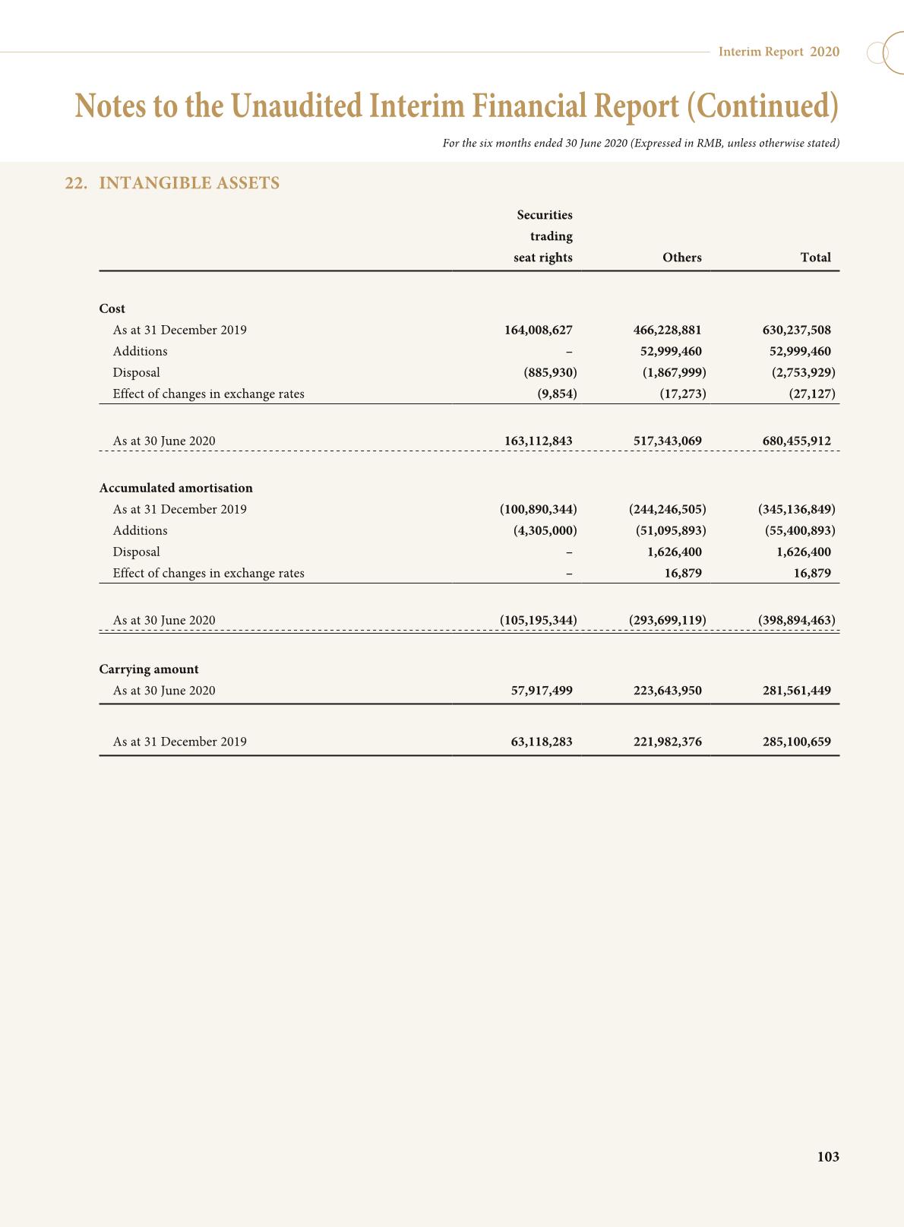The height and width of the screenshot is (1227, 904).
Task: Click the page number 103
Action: click(827, 1156)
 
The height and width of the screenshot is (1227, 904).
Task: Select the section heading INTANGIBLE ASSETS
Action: click(189, 183)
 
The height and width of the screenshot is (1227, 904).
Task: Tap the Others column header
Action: click(681, 258)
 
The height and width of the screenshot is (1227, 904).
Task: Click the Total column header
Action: click(815, 258)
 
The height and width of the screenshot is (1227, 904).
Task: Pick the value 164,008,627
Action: click(538, 330)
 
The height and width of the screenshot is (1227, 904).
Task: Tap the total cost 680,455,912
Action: click(796, 441)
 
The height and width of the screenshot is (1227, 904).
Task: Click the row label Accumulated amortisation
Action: click(175, 488)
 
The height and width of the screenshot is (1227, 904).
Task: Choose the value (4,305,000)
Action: click(545, 530)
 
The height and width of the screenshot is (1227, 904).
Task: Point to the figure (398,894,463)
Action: click(796, 620)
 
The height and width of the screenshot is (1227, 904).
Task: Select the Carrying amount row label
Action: click(149, 669)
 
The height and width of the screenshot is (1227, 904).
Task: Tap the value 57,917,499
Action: click(542, 691)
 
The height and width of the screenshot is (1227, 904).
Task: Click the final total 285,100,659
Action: click(796, 742)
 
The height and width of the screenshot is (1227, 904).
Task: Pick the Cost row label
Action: click(112, 308)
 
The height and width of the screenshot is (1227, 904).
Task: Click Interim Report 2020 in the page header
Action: click(779, 52)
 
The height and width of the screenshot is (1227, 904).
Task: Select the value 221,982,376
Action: click(667, 742)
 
